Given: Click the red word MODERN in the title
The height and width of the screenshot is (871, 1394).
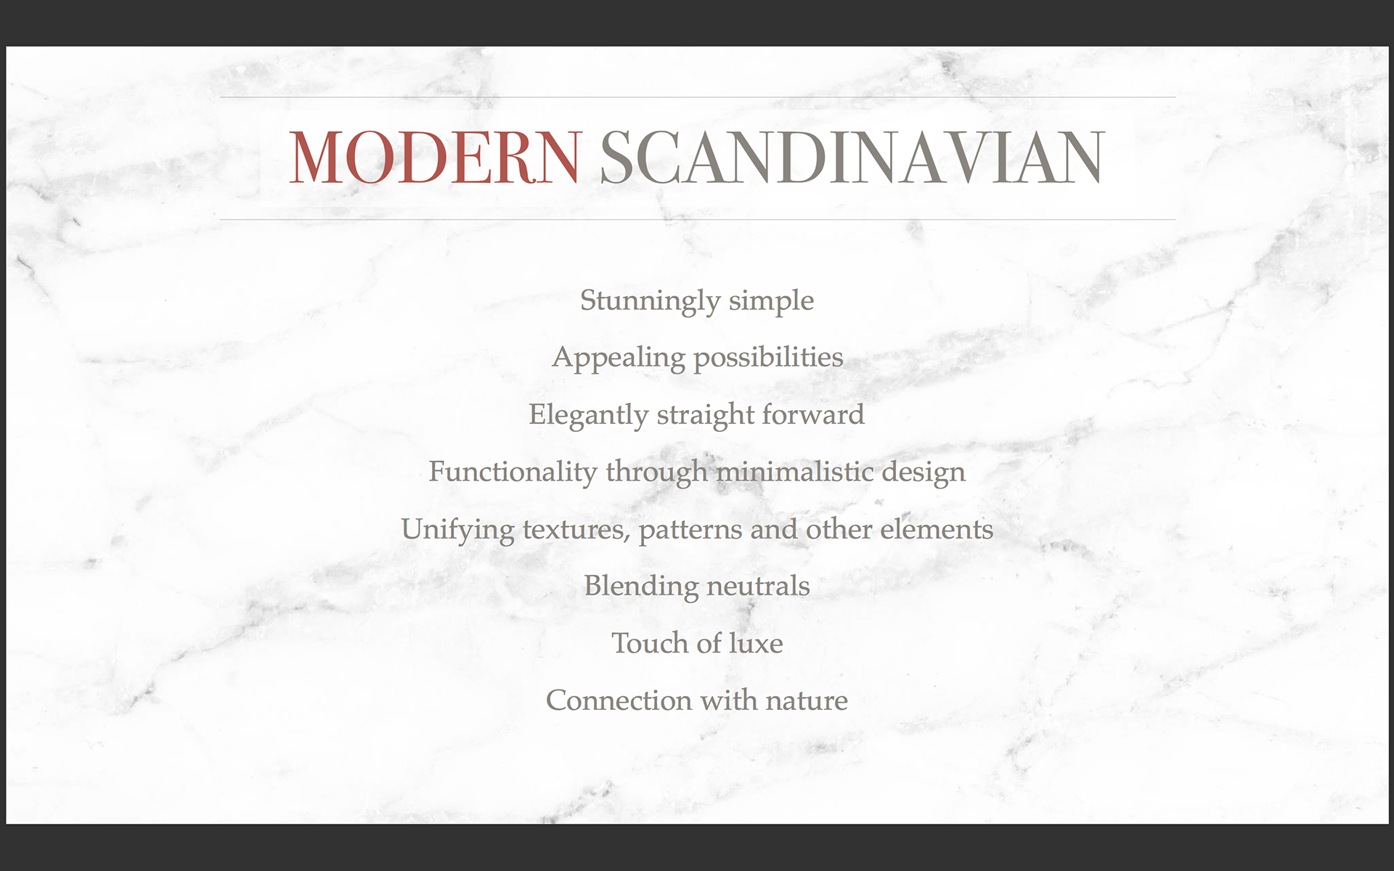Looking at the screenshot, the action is point(435,158).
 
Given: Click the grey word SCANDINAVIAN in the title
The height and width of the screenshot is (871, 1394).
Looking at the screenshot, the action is point(852,158).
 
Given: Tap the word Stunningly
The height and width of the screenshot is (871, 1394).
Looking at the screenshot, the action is point(650,301).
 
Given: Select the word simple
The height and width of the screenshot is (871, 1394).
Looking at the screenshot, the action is point(771,301).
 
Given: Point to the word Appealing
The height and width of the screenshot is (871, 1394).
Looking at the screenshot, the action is point(619,358).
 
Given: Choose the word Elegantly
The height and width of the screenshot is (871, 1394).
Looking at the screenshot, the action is point(589,415).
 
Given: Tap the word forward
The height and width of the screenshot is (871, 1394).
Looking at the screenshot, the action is point(813,414).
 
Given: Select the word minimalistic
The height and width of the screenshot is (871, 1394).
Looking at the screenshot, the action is point(795,472).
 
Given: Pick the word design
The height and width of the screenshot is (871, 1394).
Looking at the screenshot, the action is point(924,473).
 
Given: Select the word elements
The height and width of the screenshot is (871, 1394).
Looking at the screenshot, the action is point(937,529).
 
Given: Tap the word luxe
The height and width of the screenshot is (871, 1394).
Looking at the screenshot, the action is point(756,643).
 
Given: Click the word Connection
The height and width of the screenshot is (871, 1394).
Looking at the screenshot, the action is point(619,700).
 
